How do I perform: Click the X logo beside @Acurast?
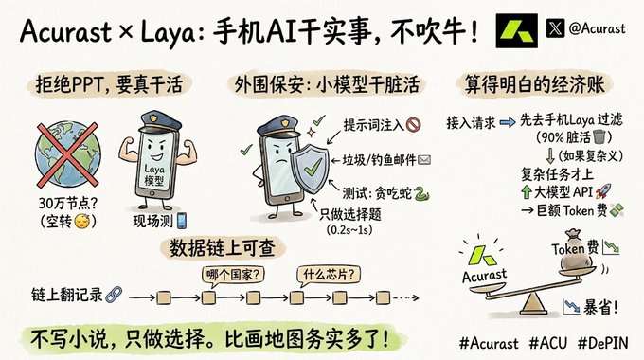555,28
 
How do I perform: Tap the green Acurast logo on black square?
517,31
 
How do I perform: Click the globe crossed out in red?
68,154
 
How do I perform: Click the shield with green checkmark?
310,169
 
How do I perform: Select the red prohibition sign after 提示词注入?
413,124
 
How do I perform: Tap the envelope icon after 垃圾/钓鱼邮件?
424,159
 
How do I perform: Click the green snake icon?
421,193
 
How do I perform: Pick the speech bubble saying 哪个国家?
233,276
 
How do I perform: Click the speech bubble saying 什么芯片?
329,275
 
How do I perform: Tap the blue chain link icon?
114,295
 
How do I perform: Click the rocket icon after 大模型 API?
603,191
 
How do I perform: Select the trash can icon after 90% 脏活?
600,136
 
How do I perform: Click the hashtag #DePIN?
603,343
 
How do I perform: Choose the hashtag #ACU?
548,343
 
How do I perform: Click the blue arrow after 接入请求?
508,122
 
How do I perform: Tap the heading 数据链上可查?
223,248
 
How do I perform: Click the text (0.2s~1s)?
349,229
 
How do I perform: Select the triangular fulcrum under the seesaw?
531,304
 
